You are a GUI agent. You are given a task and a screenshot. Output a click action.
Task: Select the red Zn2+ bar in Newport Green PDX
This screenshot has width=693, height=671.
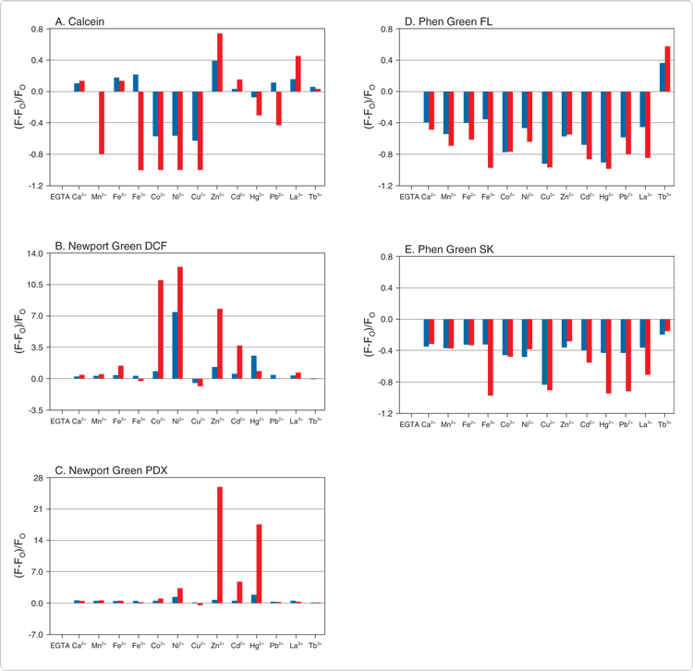pos(220,544)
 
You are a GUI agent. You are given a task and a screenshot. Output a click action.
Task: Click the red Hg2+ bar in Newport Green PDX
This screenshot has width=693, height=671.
pos(260,563)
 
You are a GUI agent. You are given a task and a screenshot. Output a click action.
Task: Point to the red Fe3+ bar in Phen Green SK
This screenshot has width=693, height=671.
pos(489,357)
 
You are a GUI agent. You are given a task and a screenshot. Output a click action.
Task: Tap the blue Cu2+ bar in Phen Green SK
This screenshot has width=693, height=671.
pos(544,351)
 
